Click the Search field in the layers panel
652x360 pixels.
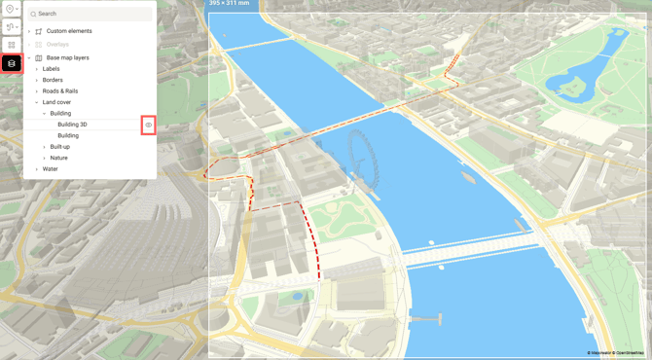pyautogui.click(x=92, y=14)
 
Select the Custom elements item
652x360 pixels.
pyautogui.click(x=69, y=31)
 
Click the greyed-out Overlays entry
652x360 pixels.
pyautogui.click(x=57, y=45)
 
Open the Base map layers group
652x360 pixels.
pyautogui.click(x=67, y=57)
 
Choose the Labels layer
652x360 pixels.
pyautogui.click(x=51, y=69)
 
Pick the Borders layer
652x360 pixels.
pyautogui.click(x=53, y=80)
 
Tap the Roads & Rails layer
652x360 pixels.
pyautogui.click(x=59, y=90)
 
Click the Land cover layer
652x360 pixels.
pyautogui.click(x=56, y=102)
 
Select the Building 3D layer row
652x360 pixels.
pyautogui.click(x=72, y=125)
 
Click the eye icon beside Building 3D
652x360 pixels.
pyautogui.click(x=149, y=125)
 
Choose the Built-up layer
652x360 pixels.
pyautogui.click(x=60, y=147)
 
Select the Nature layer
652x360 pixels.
pyautogui.click(x=58, y=158)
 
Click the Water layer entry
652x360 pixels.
pyautogui.click(x=50, y=169)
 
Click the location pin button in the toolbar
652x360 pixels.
pyautogui.click(x=11, y=9)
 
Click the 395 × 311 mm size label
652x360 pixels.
pyautogui.click(x=230, y=4)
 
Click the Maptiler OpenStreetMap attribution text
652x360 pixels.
pyautogui.click(x=615, y=353)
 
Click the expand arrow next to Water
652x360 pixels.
pyautogui.click(x=37, y=169)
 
